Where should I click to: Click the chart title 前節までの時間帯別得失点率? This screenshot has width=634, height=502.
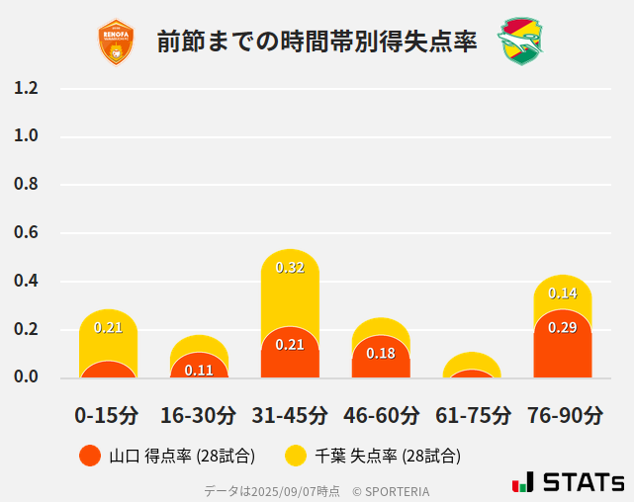[x=317, y=42]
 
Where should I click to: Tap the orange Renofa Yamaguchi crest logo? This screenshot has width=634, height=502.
[x=116, y=42]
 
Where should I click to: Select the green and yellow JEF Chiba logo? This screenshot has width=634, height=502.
[x=520, y=42]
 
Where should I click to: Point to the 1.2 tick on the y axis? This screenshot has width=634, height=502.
[x=27, y=88]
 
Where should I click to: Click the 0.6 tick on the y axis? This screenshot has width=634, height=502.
[x=27, y=232]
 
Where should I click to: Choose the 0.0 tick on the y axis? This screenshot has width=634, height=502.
[x=27, y=376]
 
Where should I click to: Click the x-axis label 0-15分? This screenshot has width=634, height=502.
[x=108, y=415]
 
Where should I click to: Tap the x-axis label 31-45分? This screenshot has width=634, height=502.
[x=290, y=415]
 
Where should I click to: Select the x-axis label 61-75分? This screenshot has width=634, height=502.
[x=473, y=415]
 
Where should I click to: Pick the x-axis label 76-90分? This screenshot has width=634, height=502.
[x=564, y=415]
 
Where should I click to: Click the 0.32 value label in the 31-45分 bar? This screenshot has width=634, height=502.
[x=290, y=268]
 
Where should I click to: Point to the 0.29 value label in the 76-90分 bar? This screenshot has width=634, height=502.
[x=563, y=327]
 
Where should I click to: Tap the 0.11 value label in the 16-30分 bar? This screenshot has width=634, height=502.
[x=199, y=371]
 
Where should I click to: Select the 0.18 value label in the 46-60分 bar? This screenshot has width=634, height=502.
[x=381, y=353]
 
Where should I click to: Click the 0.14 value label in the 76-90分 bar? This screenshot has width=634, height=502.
[x=563, y=293]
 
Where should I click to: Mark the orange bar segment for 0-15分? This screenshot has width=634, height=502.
[x=108, y=370]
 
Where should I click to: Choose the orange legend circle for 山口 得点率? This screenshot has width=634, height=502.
[x=90, y=456]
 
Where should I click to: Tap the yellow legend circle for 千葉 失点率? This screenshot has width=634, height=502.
[x=296, y=456]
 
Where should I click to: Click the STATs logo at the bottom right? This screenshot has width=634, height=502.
[x=569, y=482]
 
